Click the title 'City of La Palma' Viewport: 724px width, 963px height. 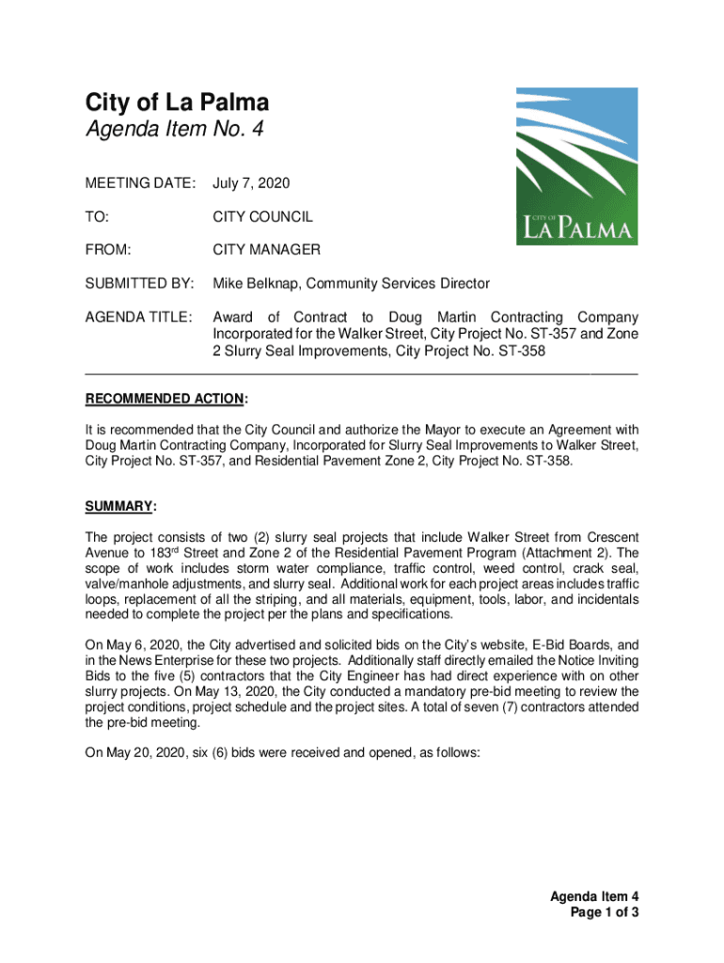[x=177, y=103]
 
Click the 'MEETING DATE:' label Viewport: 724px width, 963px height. [x=141, y=181]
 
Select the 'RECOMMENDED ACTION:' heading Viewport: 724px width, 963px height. [x=166, y=399]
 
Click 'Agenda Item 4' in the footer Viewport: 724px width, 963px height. [x=595, y=896]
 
